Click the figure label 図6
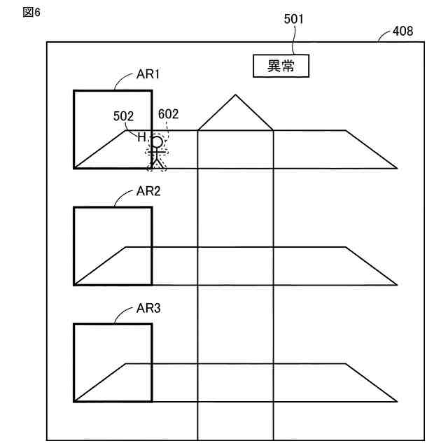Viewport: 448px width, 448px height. coord(32,13)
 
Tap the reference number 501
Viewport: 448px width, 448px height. coord(293,20)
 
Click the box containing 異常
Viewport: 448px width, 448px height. coord(280,66)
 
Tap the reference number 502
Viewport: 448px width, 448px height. coord(123,117)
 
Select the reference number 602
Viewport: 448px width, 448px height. coord(169,113)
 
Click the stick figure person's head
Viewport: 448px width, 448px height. coord(157,143)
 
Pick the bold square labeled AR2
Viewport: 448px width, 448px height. coord(112,245)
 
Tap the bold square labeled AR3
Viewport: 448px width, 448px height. coord(112,362)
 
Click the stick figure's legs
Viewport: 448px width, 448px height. coord(157,162)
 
